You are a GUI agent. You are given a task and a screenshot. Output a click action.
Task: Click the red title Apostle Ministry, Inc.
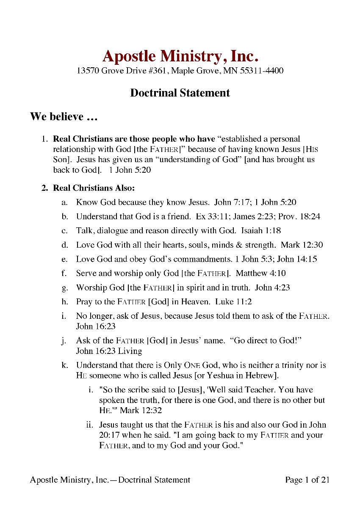coord(180,55)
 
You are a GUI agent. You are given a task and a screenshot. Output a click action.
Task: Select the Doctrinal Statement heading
coord(180,93)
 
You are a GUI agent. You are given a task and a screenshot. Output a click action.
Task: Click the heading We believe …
coord(64,116)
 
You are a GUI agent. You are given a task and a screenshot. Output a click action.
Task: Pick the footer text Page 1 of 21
coord(307,480)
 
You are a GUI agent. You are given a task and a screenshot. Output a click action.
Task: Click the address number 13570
coord(87,70)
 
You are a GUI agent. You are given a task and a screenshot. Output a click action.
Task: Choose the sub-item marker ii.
coord(91,425)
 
